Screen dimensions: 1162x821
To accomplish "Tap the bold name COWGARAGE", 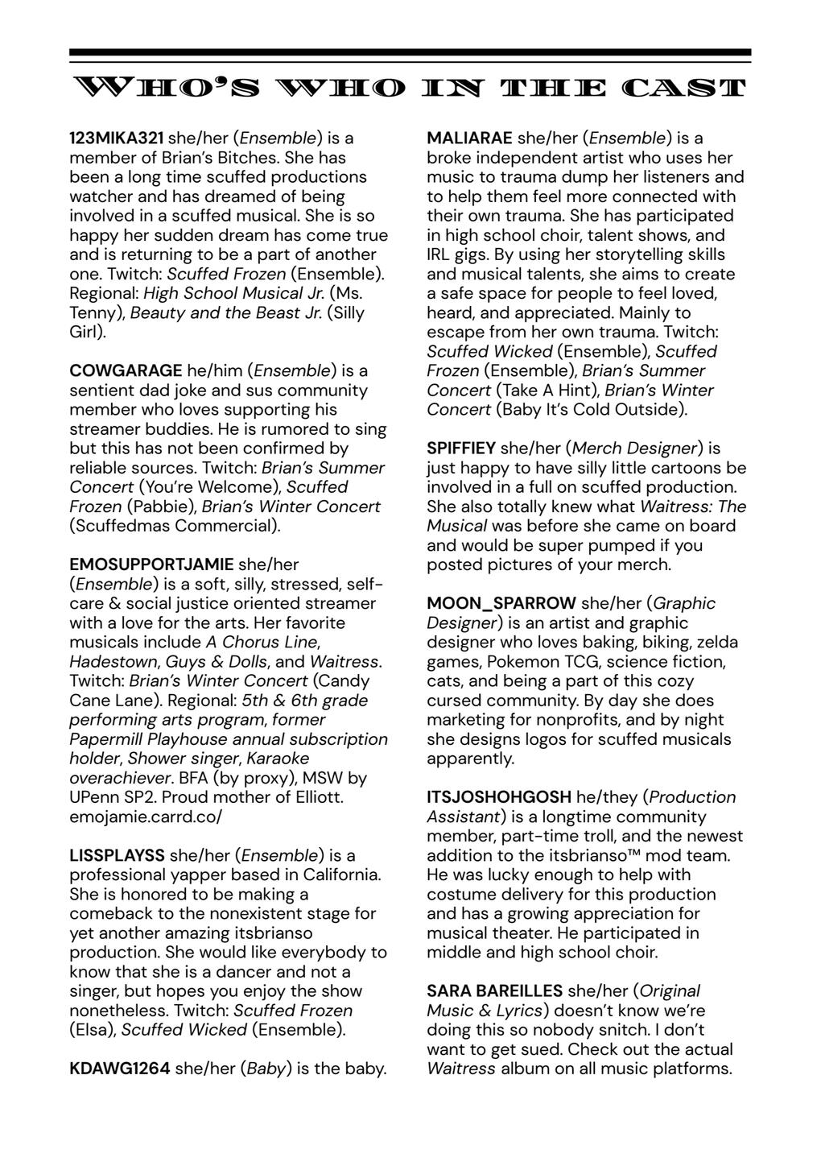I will (126, 371).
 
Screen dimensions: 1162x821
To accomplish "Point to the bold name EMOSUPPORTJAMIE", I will (151, 564).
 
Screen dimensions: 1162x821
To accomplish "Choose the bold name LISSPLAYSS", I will (117, 855).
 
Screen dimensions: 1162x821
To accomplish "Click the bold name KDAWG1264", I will (120, 1069).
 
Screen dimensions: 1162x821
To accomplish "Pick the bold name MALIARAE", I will (469, 139).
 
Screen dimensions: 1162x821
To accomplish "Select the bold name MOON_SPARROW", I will (501, 603).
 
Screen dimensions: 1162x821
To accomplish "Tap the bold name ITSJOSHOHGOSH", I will (499, 797).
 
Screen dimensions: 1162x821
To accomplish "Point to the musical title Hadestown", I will (113, 661).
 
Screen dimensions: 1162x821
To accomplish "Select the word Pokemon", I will (458, 661).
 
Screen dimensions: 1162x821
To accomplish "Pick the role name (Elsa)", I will (93, 1030).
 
